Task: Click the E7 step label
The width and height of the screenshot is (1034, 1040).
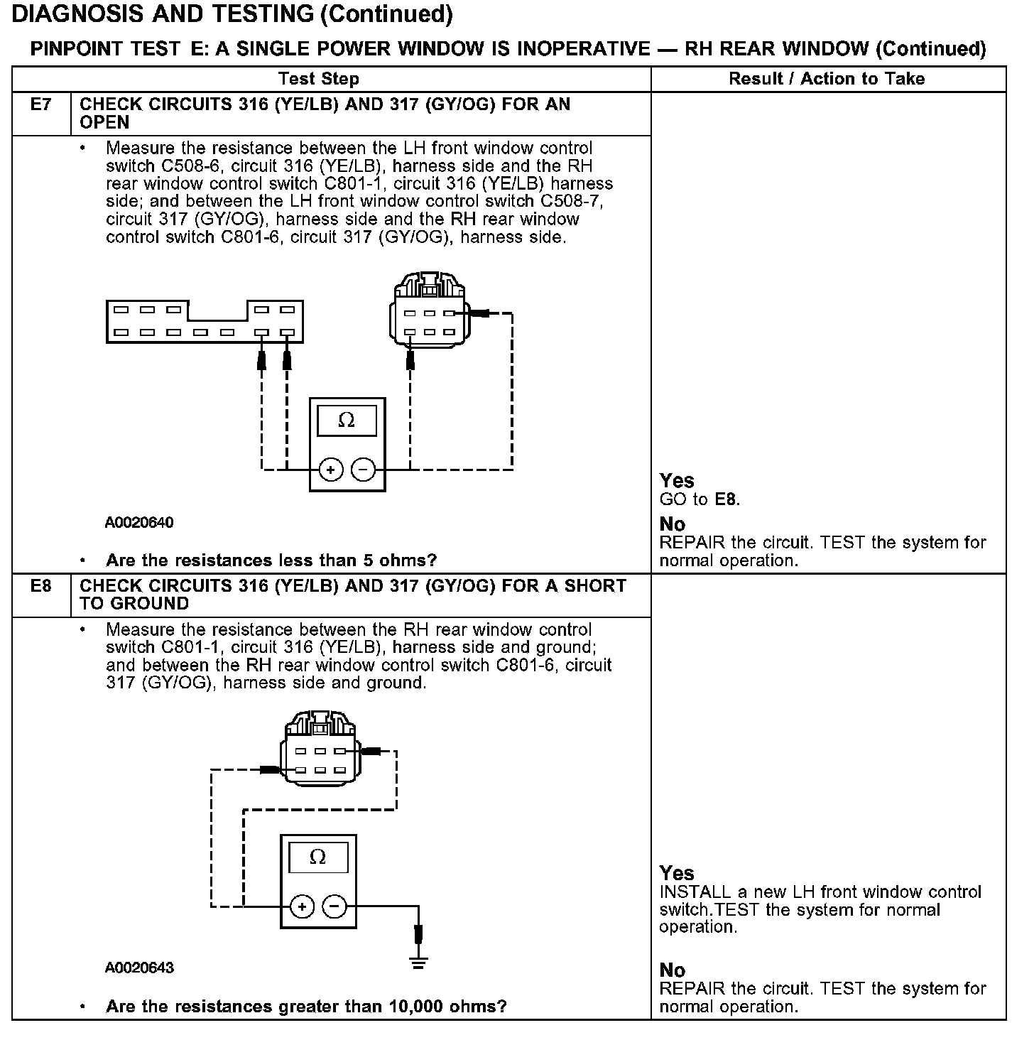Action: coord(41,105)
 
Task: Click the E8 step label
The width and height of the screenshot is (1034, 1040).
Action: coord(41,587)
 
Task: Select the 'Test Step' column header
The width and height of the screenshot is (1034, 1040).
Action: coord(318,79)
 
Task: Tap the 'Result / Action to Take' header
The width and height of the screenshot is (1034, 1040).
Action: coord(827,79)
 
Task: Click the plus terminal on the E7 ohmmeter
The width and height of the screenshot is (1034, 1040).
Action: coord(331,470)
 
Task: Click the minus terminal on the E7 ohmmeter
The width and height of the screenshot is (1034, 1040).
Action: coord(364,470)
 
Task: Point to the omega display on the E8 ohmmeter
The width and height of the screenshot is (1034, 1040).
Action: coord(318,857)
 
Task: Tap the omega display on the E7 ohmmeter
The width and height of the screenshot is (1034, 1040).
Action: coord(347,421)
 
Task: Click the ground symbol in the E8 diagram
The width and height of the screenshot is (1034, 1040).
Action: coord(418,963)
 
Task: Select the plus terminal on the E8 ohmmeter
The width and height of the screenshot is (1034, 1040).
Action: coord(303,906)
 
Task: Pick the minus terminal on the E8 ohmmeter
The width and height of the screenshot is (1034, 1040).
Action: coord(334,906)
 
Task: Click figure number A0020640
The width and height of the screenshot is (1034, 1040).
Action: coord(139,523)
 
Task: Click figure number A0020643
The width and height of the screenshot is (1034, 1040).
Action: coord(139,968)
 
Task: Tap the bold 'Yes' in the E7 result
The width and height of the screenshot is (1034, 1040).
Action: coord(677,481)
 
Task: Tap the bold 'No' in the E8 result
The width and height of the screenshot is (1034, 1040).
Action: coord(673,970)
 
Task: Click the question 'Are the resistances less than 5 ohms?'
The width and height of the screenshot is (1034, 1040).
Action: coord(271,560)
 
